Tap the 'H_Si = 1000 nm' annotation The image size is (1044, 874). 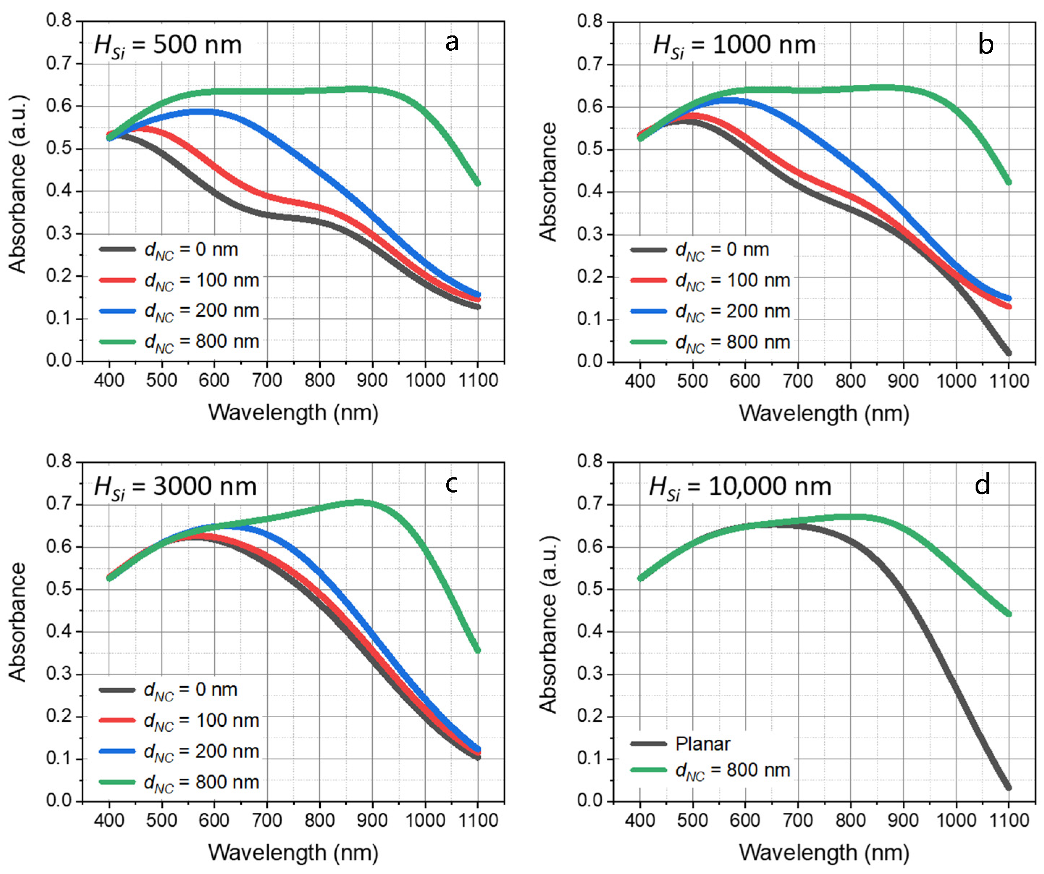click(734, 45)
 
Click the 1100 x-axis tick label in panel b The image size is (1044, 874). click(1009, 381)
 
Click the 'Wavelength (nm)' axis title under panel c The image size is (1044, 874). click(293, 852)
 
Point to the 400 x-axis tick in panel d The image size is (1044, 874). click(640, 820)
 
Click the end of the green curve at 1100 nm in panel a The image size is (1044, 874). click(478, 183)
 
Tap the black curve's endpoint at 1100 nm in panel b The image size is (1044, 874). click(1009, 353)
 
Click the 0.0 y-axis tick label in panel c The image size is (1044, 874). click(59, 801)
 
